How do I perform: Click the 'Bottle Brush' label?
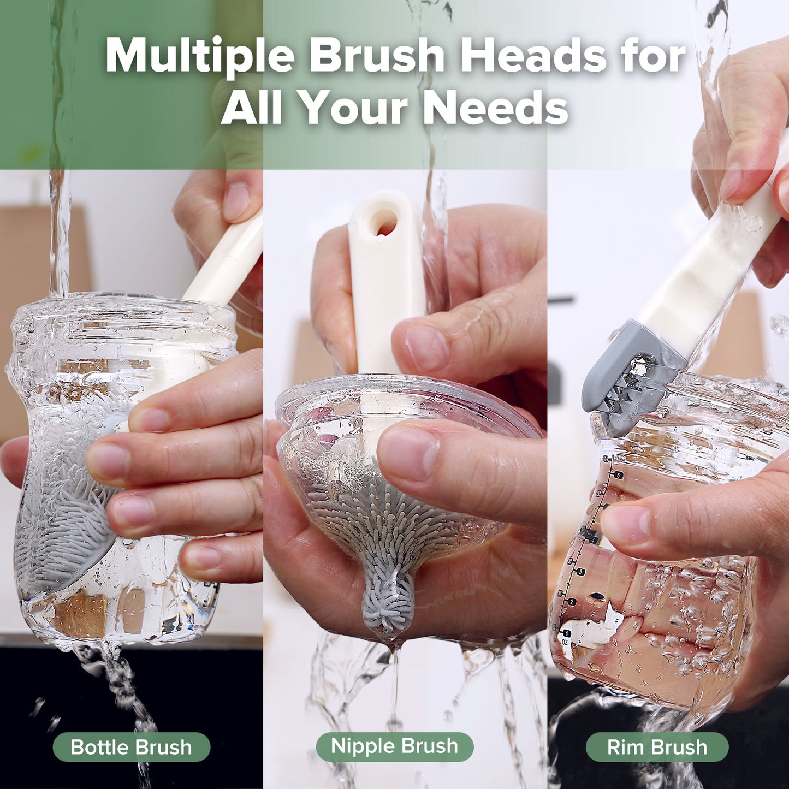pyautogui.click(x=131, y=747)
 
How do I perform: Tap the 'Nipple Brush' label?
pyautogui.click(x=394, y=746)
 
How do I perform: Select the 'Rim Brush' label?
pyautogui.click(x=657, y=747)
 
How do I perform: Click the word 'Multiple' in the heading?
pyautogui.click(x=200, y=56)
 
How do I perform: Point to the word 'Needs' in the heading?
pyautogui.click(x=495, y=108)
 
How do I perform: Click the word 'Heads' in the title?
pyautogui.click(x=533, y=56)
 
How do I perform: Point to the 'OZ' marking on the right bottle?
pyautogui.click(x=565, y=643)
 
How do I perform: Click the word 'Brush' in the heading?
pyautogui.click(x=377, y=56)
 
